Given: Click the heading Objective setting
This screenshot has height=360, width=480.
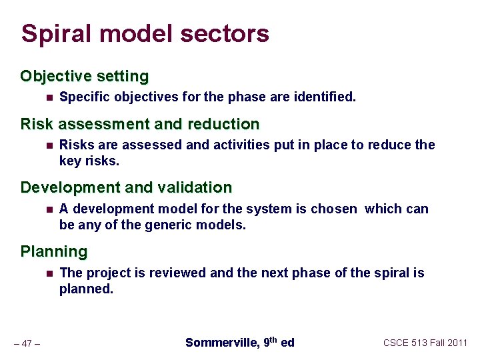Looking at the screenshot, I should [x=85, y=76].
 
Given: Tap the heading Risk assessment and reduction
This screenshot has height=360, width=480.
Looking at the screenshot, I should [x=140, y=124].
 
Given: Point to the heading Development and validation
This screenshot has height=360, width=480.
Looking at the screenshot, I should [x=126, y=187].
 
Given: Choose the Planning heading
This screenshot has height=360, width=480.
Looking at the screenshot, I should [x=54, y=251].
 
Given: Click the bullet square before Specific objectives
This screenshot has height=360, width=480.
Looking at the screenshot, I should [x=49, y=97].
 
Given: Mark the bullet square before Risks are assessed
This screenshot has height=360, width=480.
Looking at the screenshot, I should [x=49, y=145].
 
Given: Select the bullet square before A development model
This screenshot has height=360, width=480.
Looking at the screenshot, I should [x=49, y=209].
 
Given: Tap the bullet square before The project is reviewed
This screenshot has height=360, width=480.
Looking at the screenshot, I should [x=49, y=273].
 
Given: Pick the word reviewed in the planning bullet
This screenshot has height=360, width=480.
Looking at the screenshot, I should [x=177, y=273].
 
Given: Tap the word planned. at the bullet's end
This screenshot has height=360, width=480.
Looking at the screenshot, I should [x=87, y=289].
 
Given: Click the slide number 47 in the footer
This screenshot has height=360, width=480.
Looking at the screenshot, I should [x=27, y=344].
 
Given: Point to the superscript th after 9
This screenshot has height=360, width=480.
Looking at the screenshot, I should [x=273, y=339].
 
